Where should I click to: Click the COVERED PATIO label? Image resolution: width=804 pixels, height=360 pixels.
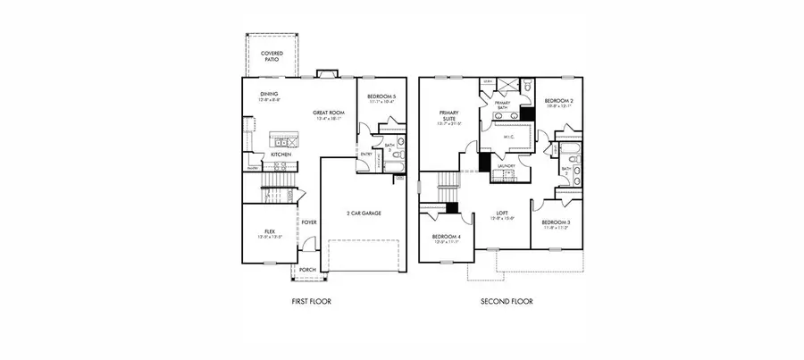tap(272, 56)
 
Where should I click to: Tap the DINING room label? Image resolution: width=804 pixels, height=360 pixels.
tap(269, 94)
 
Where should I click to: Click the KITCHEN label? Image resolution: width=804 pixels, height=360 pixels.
tap(281, 155)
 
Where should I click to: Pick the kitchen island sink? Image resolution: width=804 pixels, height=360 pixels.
tap(285, 141)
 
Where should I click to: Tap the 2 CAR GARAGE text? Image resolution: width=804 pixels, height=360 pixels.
tap(364, 213)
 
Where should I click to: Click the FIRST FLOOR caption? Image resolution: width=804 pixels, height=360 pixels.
tap(311, 302)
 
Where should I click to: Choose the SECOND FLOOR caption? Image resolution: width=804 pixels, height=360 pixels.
tap(507, 302)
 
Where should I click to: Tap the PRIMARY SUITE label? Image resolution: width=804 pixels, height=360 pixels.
tap(448, 116)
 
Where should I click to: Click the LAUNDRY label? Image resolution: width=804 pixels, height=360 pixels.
tap(508, 166)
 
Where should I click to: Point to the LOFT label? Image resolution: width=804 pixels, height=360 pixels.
tap(502, 213)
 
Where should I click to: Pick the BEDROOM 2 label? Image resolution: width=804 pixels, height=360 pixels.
tap(558, 102)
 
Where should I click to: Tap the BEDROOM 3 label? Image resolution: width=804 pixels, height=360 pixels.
tap(555, 223)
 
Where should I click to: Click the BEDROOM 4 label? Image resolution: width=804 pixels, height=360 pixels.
tap(446, 237)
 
